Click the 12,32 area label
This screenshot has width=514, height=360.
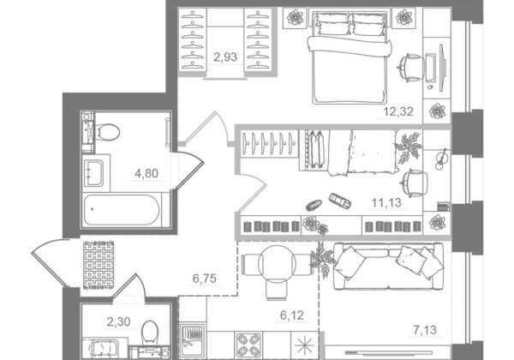398,112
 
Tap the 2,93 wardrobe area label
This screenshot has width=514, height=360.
225,57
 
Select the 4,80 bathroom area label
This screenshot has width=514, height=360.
146,173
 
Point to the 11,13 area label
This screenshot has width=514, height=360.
386,203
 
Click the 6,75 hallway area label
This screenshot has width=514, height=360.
205,279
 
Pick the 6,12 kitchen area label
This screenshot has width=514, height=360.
292,315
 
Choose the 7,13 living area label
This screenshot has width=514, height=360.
425,330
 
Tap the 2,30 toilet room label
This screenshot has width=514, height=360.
119,322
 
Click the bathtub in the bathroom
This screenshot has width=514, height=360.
122,210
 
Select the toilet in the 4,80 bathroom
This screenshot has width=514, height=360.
107,131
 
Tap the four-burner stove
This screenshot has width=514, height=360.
248,345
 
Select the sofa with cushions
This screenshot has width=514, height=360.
388,267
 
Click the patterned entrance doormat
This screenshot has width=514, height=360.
99,265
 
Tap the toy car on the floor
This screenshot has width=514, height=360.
340,201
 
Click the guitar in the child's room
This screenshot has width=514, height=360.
441,159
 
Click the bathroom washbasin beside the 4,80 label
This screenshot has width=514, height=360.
93,173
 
